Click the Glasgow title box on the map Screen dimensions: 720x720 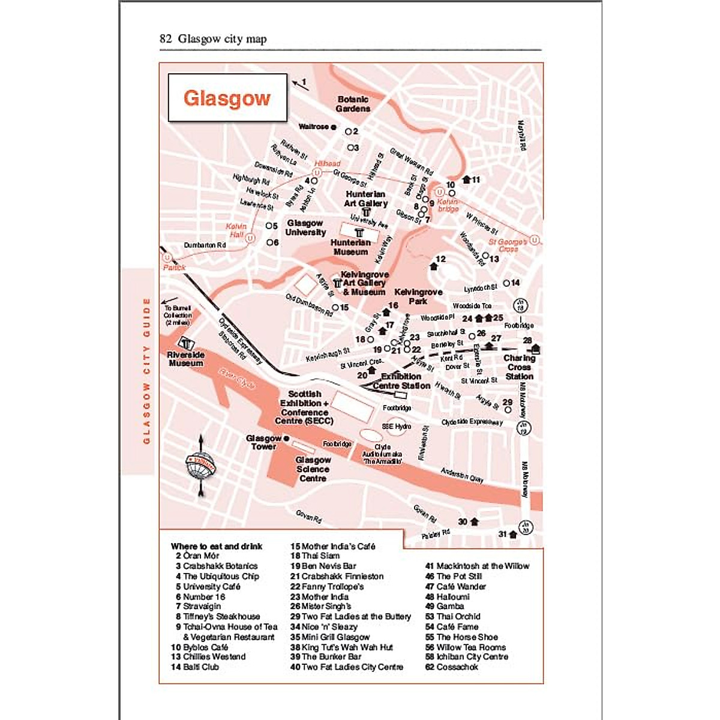227,98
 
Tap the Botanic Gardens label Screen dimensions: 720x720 353,104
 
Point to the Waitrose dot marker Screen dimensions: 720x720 334,127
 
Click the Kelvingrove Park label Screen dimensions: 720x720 418,296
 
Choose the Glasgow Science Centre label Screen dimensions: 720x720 313,469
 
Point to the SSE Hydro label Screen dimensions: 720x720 397,427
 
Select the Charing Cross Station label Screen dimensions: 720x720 519,367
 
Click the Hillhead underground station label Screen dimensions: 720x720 327,164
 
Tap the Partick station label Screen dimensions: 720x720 175,268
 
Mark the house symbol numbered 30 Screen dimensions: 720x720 475,522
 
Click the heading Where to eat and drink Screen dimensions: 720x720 217,546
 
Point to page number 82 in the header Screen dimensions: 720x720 166,40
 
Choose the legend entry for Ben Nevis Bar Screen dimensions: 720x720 323,566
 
